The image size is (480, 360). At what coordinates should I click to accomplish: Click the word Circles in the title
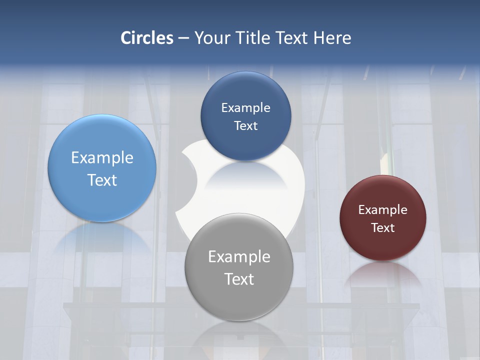coord(147,38)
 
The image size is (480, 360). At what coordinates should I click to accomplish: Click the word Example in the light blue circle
coord(102,158)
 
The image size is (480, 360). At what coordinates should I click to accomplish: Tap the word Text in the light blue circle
coord(102,180)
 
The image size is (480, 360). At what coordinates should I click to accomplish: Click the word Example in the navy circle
coord(245,108)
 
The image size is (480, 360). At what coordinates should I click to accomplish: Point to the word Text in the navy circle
coord(245,125)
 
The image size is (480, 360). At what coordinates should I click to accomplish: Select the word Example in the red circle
coord(383,210)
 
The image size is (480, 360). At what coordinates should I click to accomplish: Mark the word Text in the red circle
coord(383,228)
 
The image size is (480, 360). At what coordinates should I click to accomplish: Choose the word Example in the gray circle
coord(239,257)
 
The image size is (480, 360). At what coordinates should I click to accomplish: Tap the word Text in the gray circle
coord(239,279)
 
